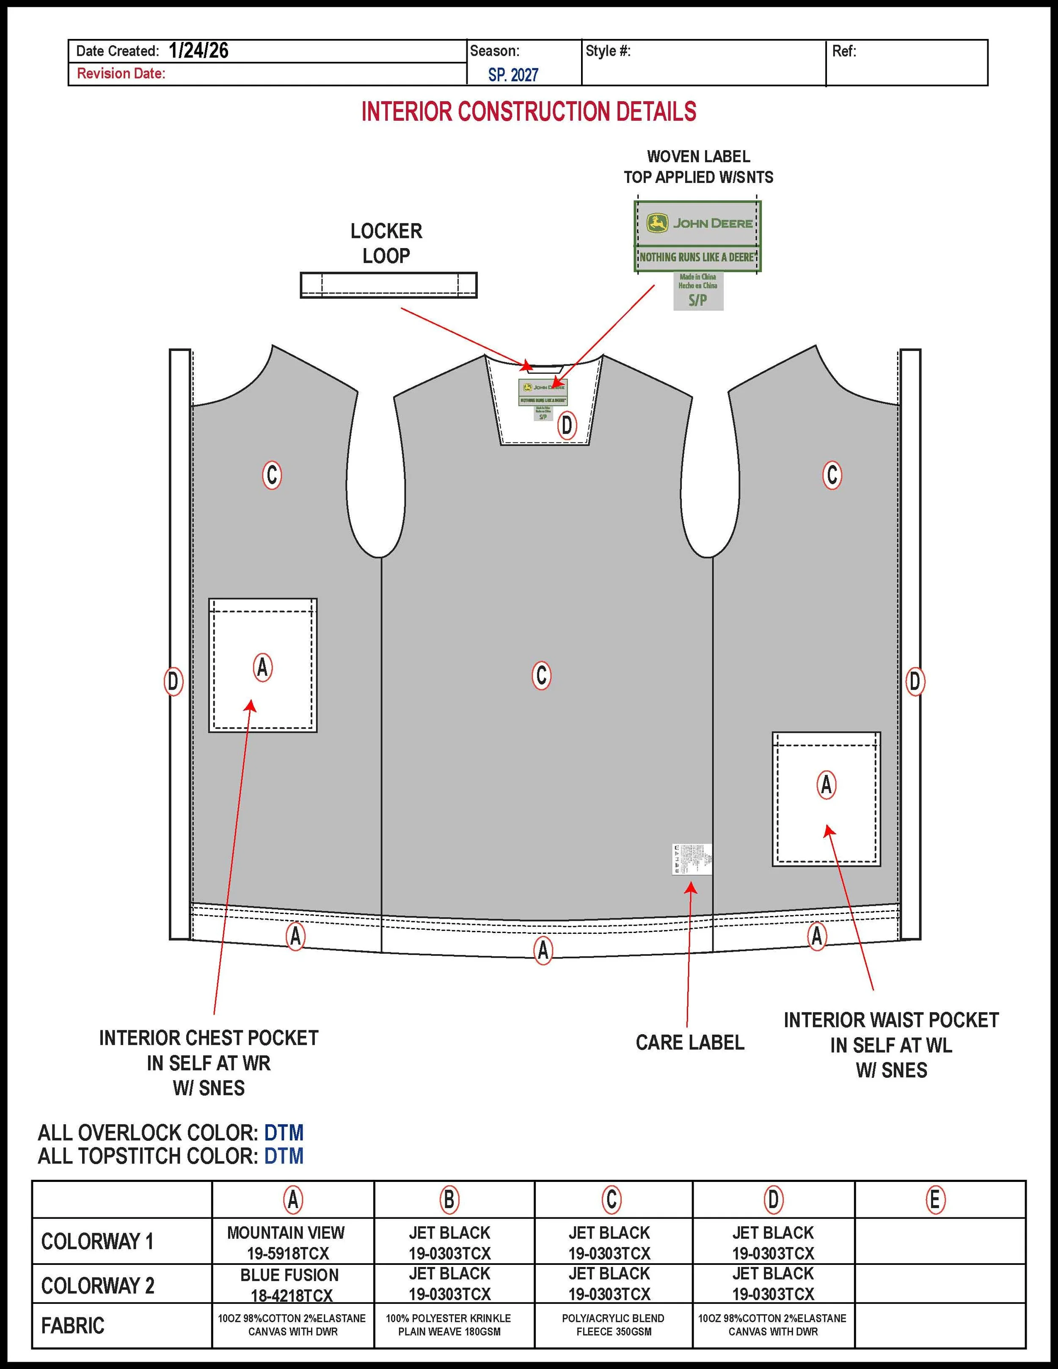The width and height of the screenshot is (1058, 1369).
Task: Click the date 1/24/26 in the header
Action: (198, 51)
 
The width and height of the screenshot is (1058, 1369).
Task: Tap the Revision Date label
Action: (121, 73)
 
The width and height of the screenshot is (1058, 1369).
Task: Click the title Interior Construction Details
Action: (529, 112)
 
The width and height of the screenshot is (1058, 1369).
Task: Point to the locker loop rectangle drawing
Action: (388, 285)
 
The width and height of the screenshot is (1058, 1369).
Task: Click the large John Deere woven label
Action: (697, 236)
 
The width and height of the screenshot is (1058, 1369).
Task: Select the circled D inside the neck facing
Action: (567, 425)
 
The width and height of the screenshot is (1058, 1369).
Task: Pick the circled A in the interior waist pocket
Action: (826, 784)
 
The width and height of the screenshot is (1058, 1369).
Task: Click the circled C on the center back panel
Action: (542, 675)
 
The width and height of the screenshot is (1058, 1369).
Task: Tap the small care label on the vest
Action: (692, 859)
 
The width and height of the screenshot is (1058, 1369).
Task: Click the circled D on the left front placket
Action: (173, 682)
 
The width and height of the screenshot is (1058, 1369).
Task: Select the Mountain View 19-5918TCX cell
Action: (287, 1242)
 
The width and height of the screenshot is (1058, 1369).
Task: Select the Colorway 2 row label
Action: (98, 1286)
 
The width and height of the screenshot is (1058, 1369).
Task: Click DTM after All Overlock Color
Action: (284, 1133)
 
